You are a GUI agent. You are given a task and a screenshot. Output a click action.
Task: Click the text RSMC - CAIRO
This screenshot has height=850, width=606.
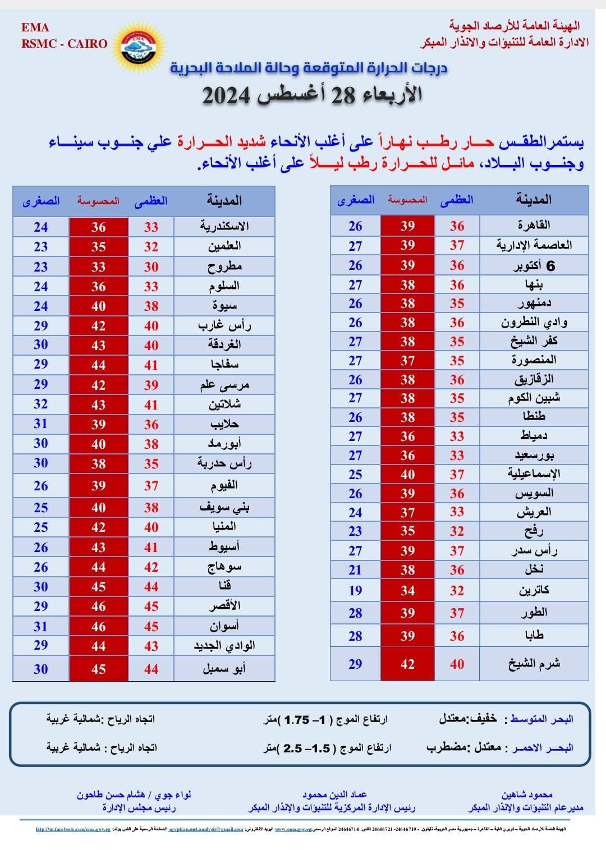point(64,44)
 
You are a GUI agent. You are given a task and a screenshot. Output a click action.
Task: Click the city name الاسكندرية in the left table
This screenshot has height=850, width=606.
point(224,227)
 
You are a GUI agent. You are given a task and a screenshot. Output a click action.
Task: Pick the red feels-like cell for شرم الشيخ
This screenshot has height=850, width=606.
point(407,664)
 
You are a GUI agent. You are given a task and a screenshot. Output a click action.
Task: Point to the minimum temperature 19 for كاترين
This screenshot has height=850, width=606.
point(355,590)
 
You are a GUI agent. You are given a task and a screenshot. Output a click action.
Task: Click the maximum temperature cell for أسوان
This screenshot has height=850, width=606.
point(151,626)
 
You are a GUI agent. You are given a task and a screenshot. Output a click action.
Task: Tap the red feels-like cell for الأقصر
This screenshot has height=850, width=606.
point(98,607)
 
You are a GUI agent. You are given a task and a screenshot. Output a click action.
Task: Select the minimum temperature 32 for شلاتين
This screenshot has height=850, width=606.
point(40,404)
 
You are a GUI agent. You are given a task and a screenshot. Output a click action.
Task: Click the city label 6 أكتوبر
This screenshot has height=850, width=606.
point(534,266)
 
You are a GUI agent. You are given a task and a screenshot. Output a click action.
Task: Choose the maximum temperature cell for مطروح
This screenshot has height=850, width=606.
point(151,267)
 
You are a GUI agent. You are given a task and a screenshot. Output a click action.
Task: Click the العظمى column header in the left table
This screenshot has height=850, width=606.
point(151,201)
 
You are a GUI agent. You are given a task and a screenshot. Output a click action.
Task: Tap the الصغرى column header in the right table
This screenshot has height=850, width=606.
point(355,200)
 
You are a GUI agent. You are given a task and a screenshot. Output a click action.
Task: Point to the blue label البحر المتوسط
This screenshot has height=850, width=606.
point(541,719)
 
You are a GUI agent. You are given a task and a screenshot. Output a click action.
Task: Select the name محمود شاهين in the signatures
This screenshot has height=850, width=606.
point(527,794)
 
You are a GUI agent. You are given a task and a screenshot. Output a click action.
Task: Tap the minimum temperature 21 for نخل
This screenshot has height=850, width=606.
point(355,570)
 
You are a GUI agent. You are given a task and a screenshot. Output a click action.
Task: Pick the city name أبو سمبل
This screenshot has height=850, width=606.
point(224,669)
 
